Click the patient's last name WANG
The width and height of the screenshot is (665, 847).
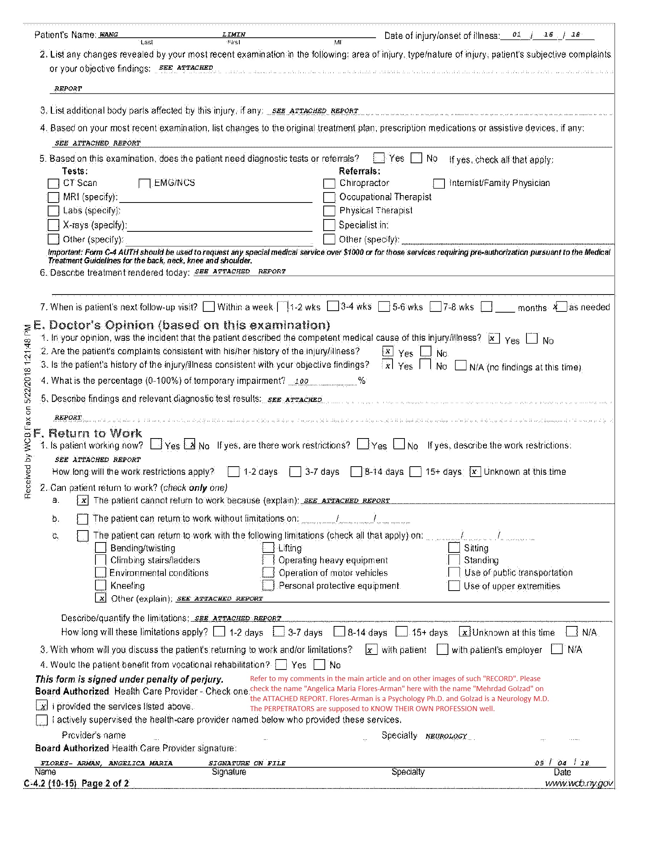[109, 34]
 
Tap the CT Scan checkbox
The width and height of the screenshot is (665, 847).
[53, 183]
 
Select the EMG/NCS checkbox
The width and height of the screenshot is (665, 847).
[144, 183]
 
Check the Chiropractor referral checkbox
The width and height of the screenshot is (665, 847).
[329, 183]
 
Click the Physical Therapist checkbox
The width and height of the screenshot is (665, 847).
[329, 211]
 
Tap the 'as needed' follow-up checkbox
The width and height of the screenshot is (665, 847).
[561, 307]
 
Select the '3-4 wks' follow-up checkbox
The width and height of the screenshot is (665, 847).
[333, 306]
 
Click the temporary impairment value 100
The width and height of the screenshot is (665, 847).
[302, 381]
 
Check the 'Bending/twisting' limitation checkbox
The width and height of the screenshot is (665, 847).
[101, 548]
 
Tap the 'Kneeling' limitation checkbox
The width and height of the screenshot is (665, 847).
[101, 585]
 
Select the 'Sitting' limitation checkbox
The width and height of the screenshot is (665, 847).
[454, 548]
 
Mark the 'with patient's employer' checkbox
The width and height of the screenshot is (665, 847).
[442, 649]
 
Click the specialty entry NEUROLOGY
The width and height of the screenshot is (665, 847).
[446, 736]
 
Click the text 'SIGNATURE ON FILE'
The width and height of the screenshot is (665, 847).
[247, 763]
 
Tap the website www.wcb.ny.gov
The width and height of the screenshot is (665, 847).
[579, 783]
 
